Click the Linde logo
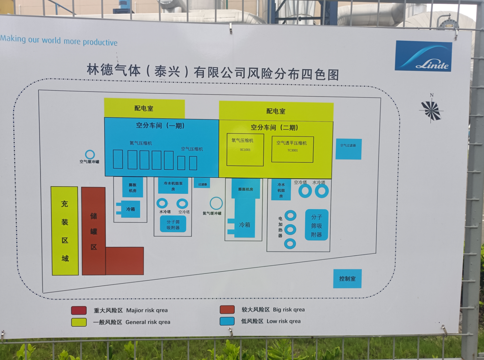[423, 56]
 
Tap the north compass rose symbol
[431, 110]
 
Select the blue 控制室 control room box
[347, 278]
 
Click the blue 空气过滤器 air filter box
[349, 149]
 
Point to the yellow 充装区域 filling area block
[65, 231]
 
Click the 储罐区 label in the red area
[94, 231]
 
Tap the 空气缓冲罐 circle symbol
[90, 155]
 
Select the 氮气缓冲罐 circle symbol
[216, 203]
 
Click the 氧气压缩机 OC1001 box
[245, 150]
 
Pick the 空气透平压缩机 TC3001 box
[292, 149]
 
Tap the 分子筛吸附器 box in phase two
[316, 225]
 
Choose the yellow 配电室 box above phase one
[144, 108]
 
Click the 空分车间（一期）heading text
[160, 125]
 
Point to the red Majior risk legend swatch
[79, 310]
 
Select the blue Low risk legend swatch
[227, 321]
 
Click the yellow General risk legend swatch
[79, 322]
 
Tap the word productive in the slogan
[100, 42]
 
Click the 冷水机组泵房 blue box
[173, 186]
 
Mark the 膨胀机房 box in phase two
[246, 189]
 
